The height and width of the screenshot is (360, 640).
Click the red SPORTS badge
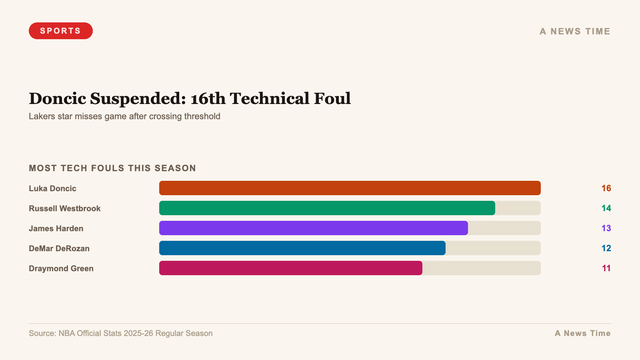pyautogui.click(x=60, y=31)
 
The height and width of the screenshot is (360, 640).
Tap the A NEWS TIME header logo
pyautogui.click(x=575, y=31)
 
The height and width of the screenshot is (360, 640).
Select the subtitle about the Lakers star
pyautogui.click(x=124, y=116)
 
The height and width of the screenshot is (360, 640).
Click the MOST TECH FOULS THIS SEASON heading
pyautogui.click(x=112, y=168)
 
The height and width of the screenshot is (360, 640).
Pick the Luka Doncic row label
pyautogui.click(x=52, y=188)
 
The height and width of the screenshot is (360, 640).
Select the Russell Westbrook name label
pyautogui.click(x=64, y=208)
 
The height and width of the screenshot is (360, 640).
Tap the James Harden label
pyautogui.click(x=56, y=228)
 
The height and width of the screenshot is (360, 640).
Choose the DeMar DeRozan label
pyautogui.click(x=59, y=248)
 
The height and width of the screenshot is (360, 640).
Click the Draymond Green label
pyautogui.click(x=61, y=268)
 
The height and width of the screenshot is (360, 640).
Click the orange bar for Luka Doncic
pyautogui.click(x=350, y=188)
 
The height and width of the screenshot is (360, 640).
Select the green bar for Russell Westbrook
pyautogui.click(x=327, y=208)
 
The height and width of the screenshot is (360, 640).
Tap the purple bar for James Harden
pyautogui.click(x=313, y=228)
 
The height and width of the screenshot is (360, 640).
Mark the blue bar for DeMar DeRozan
pyautogui.click(x=302, y=248)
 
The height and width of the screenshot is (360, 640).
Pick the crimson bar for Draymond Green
pyautogui.click(x=290, y=268)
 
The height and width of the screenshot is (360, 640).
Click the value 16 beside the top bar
pyautogui.click(x=606, y=188)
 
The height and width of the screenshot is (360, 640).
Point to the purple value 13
pyautogui.click(x=606, y=228)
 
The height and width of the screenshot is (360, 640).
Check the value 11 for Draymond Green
pyautogui.click(x=606, y=268)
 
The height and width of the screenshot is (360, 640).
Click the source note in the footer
pyautogui.click(x=120, y=333)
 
